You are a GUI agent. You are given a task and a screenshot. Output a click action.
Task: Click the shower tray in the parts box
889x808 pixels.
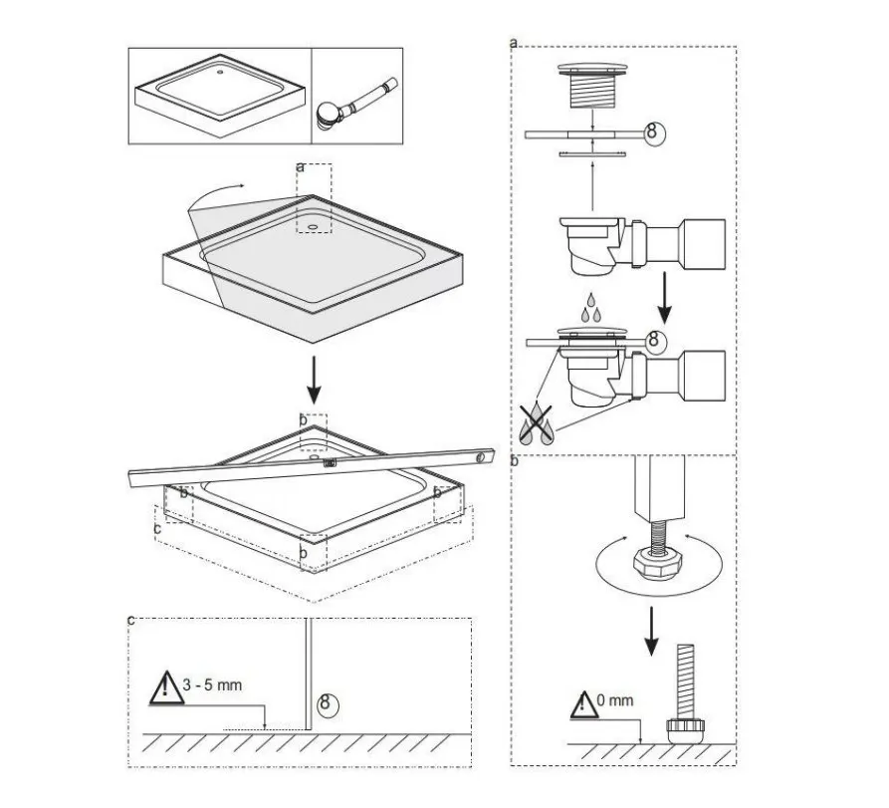click(220, 95)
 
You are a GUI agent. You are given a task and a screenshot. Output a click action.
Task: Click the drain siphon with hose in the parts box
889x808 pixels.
click(357, 104)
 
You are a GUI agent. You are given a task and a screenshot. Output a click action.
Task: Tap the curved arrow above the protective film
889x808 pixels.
click(214, 195)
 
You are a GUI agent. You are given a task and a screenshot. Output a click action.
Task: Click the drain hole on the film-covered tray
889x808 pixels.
click(313, 226)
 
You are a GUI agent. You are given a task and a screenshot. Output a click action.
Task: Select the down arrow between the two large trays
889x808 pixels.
click(314, 380)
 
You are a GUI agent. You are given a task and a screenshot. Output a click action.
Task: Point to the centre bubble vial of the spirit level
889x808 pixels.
click(329, 463)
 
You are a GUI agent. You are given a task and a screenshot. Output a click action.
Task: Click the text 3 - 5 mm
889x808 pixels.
click(212, 684)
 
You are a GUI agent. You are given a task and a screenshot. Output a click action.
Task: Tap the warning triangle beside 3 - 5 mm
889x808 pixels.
click(165, 688)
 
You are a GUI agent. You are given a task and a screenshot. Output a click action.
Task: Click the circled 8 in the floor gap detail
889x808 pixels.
click(326, 703)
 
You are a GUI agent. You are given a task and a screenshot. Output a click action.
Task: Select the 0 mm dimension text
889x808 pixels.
click(615, 700)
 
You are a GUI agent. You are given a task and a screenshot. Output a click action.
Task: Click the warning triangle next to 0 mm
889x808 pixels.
click(583, 705)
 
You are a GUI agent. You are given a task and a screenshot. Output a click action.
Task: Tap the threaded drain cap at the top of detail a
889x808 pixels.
click(592, 87)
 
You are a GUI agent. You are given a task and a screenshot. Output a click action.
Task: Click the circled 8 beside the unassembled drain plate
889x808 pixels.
click(653, 134)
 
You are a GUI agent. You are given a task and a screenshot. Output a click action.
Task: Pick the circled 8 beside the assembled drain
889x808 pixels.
click(655, 341)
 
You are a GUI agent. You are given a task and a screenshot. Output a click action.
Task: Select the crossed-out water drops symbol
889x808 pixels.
click(536, 423)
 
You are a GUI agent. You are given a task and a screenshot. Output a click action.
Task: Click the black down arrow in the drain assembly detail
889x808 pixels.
click(664, 298)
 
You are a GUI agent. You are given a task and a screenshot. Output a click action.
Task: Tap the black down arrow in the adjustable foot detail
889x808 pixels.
click(652, 631)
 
